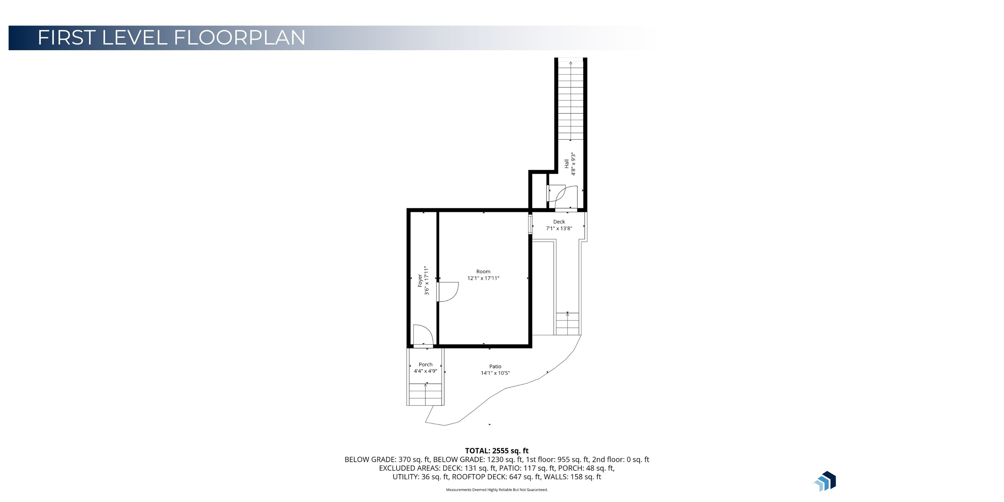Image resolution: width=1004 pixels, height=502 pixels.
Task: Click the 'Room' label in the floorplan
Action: point(483,272)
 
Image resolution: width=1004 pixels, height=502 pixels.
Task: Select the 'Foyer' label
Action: point(420,281)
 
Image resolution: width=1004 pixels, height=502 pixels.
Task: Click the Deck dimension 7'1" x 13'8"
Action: point(559,228)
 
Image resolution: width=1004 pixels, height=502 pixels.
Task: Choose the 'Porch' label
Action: point(426,365)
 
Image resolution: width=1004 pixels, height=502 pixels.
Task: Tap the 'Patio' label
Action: point(495,366)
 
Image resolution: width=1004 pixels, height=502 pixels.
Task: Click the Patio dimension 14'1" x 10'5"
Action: point(495,373)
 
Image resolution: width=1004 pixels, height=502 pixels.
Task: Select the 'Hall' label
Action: point(566,164)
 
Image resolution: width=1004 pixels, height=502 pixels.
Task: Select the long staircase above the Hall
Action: point(571,100)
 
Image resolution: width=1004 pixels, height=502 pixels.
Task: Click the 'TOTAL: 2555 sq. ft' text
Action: point(497,451)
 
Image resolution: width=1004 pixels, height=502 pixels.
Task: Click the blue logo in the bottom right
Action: point(825,481)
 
